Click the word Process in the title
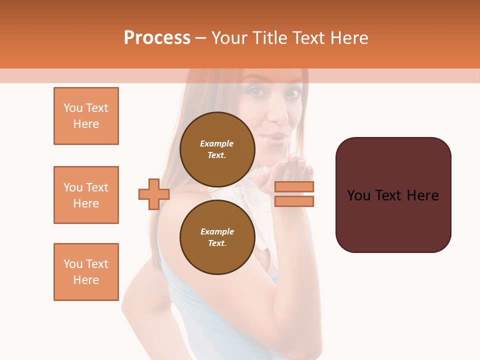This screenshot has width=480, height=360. (157, 38)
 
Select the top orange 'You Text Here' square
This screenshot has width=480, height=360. (86, 116)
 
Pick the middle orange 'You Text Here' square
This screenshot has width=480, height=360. (86, 195)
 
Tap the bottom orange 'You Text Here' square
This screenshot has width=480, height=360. (86, 272)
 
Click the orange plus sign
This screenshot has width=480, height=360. (154, 194)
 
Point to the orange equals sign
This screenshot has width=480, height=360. (294, 194)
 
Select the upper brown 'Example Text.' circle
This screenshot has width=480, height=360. (217, 149)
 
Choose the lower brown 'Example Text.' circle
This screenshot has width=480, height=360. (217, 237)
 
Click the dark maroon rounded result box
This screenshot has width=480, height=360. (393, 195)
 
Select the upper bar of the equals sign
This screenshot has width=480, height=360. (294, 187)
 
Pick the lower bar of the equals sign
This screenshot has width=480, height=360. (294, 201)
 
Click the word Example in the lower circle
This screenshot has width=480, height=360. (217, 231)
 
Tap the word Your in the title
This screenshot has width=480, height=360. (229, 38)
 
